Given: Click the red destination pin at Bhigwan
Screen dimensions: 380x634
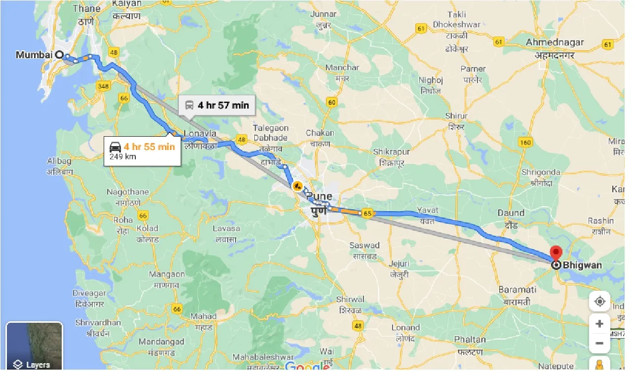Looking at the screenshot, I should tap(556, 253).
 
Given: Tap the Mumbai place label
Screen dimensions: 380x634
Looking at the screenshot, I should tap(34, 55).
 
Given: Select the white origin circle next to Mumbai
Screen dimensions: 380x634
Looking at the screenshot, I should tap(60, 55).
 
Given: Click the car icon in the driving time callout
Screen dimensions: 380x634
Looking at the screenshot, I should tap(115, 147).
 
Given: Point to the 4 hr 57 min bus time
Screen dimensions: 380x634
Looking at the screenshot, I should tap(223, 105).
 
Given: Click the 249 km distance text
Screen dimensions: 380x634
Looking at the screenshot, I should tap(123, 157).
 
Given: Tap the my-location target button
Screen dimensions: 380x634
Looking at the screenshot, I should tap(599, 302).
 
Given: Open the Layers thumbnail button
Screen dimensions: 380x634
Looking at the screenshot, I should tap(34, 346).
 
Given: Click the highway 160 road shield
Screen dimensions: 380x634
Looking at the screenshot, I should tap(525, 143).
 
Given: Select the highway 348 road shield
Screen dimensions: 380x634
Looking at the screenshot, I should tap(103, 86).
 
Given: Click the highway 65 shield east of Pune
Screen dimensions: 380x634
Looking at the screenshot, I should tap(366, 214).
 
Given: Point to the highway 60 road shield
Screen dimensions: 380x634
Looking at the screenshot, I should tap(331, 103).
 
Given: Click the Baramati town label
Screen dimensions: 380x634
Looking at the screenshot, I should tap(517, 289).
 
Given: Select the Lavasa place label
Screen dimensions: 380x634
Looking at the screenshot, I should tap(226, 228).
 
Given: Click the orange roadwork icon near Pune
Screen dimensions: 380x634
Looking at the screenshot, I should tap(297, 186).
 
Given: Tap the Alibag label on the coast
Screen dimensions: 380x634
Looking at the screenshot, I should tap(59, 161).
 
